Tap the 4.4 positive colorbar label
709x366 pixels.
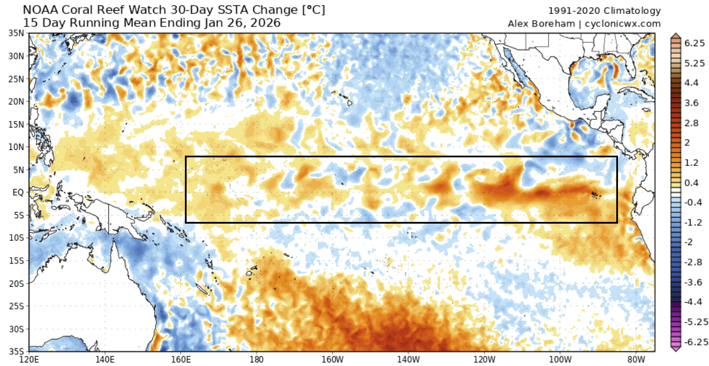pos(692,83)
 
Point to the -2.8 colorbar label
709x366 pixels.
pos(693,262)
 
